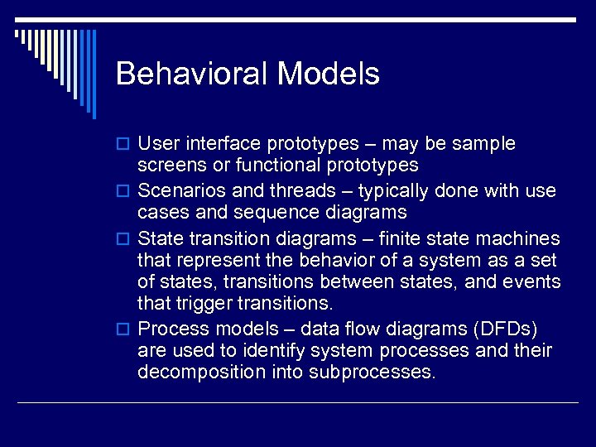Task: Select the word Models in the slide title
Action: point(329,74)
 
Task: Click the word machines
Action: point(521,238)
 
